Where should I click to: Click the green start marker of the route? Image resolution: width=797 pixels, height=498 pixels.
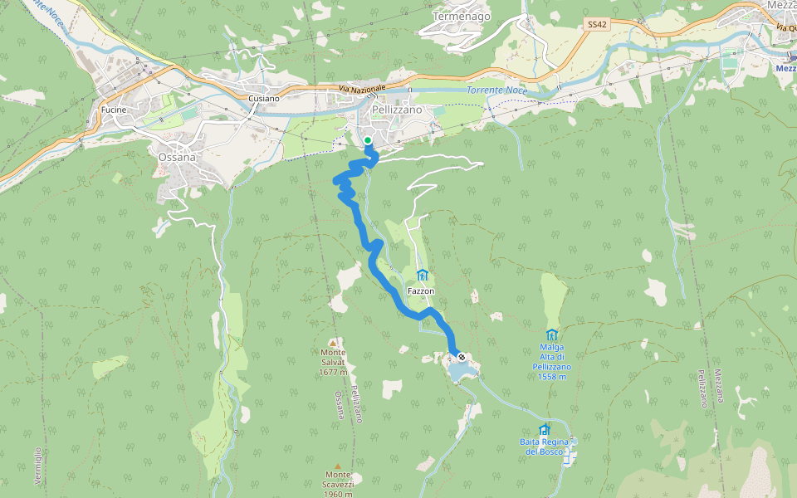click(x=368, y=140)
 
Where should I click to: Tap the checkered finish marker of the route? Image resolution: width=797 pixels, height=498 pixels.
click(x=462, y=357)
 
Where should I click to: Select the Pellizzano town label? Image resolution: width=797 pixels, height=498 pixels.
click(x=397, y=110)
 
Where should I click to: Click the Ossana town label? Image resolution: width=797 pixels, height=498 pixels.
click(x=177, y=157)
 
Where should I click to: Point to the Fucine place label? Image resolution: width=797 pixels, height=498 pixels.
click(x=113, y=110)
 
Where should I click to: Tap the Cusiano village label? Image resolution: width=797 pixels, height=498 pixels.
click(x=264, y=99)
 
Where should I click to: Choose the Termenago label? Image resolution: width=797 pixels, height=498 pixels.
click(x=462, y=16)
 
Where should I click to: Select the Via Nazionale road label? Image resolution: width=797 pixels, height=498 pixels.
click(x=363, y=88)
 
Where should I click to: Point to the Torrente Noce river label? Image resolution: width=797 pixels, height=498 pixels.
click(x=496, y=90)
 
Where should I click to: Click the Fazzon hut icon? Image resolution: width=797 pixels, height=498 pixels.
click(x=422, y=276)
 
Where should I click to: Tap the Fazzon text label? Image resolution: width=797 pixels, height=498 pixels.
click(x=422, y=292)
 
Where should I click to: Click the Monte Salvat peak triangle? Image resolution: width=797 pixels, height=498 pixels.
click(x=333, y=342)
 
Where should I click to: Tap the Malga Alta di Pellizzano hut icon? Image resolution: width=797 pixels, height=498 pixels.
click(x=551, y=334)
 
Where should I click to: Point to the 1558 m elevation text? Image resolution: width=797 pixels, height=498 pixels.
click(x=551, y=377)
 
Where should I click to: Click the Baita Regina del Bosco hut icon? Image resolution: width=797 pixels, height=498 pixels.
click(x=544, y=430)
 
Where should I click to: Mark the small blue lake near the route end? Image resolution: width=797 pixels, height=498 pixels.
click(x=463, y=370)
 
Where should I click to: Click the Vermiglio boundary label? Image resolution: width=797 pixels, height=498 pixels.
click(x=38, y=466)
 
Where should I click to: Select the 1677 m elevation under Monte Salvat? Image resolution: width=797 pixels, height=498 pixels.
click(x=334, y=373)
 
